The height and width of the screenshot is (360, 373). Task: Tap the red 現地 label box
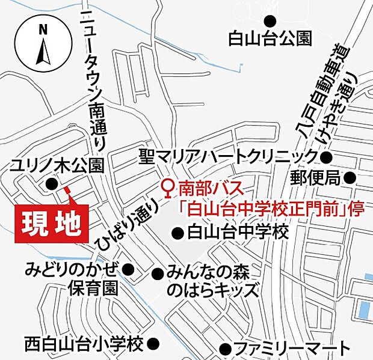click(52, 224)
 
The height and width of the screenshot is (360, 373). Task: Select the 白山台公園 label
click(270, 39)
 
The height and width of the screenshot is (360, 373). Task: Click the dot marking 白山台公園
click(270, 19)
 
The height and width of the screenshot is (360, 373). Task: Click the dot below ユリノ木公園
click(51, 184)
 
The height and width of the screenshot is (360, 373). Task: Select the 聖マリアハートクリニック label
click(228, 157)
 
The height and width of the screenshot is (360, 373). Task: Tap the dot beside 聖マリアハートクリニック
click(326, 158)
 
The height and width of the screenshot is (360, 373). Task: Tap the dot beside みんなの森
click(158, 274)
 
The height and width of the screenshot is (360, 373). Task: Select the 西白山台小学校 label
click(84, 344)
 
